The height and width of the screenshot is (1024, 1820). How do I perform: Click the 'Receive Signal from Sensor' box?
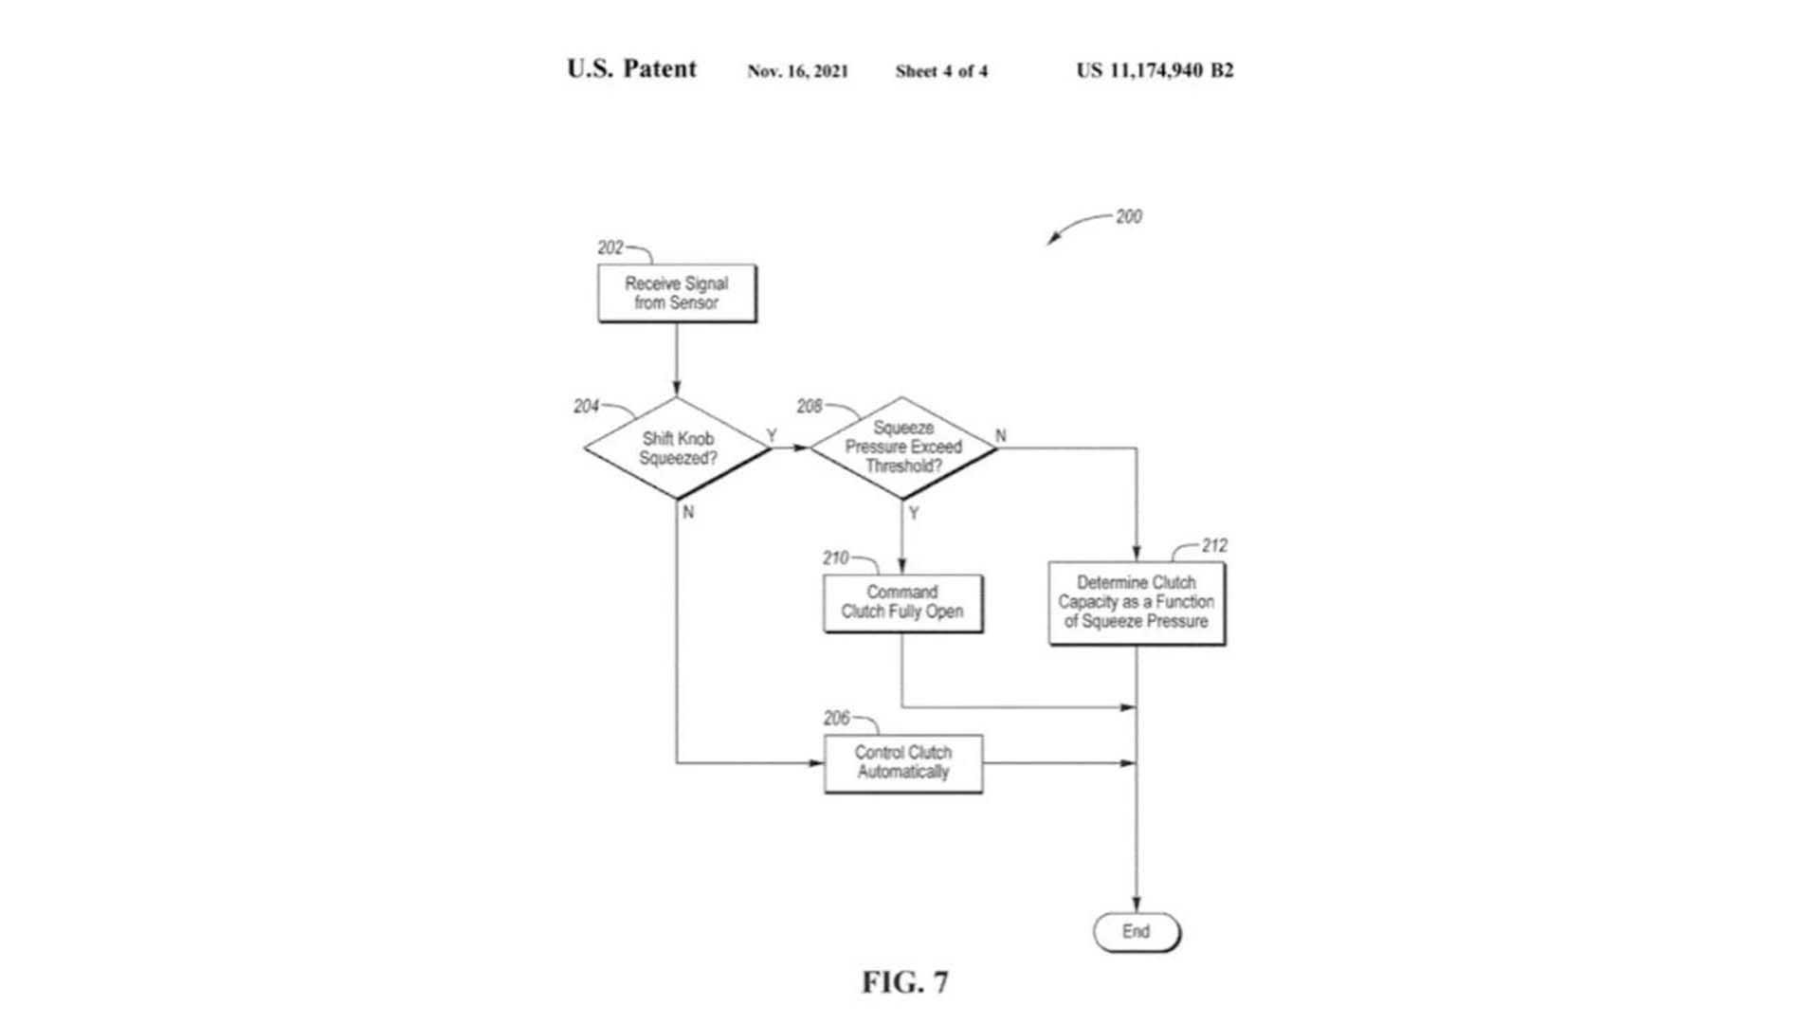click(677, 293)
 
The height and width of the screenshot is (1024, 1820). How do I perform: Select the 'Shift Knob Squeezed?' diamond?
click(677, 448)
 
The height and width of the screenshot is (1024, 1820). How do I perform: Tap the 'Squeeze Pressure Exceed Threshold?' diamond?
click(902, 448)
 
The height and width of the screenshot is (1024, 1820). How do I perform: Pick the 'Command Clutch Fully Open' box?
click(902, 602)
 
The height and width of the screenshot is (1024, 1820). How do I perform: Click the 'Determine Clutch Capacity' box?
click(1136, 603)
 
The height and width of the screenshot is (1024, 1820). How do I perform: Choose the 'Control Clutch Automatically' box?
click(902, 762)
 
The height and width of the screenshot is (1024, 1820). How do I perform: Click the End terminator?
click(1136, 932)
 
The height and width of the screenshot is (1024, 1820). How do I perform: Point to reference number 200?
click(1128, 217)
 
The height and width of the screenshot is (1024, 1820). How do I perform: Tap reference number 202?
click(610, 248)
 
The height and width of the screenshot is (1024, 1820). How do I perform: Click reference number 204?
click(586, 407)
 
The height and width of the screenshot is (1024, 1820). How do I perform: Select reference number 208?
click(810, 407)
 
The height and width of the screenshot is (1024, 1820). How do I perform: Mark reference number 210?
click(835, 558)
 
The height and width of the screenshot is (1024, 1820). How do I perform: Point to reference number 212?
click(1214, 546)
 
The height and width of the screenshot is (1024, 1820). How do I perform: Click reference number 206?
click(836, 719)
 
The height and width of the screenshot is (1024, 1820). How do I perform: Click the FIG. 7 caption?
click(904, 982)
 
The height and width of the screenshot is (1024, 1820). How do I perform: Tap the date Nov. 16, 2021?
click(797, 71)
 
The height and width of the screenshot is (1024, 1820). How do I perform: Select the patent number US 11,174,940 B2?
click(1155, 70)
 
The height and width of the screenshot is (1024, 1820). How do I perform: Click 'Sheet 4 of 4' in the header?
click(941, 71)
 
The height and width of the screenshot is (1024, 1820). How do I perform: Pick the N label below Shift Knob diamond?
click(688, 512)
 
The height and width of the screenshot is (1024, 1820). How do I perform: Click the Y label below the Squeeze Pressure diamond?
click(914, 514)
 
